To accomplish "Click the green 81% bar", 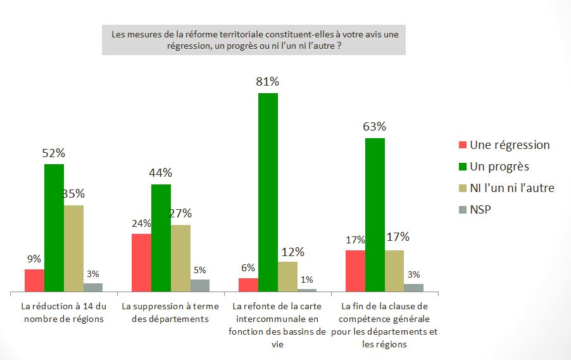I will tap(268, 192).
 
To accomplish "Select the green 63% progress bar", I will tap(375, 215).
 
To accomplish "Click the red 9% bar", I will tap(34, 280).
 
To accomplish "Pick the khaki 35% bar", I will tap(73, 248).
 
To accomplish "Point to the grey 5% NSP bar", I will tap(200, 285).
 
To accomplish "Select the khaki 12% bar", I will tap(287, 276).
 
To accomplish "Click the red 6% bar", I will tap(248, 285).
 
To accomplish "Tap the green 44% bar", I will tap(161, 238).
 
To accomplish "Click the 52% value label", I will tap(54, 153).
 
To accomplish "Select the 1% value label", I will tap(307, 280).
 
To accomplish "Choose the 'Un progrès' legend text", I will tap(499, 167).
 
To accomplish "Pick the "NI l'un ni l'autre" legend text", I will tap(511, 188).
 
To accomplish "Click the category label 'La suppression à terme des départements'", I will tap(171, 312).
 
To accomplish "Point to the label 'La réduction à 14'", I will tap(63, 312).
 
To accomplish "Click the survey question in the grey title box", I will tap(253, 40).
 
